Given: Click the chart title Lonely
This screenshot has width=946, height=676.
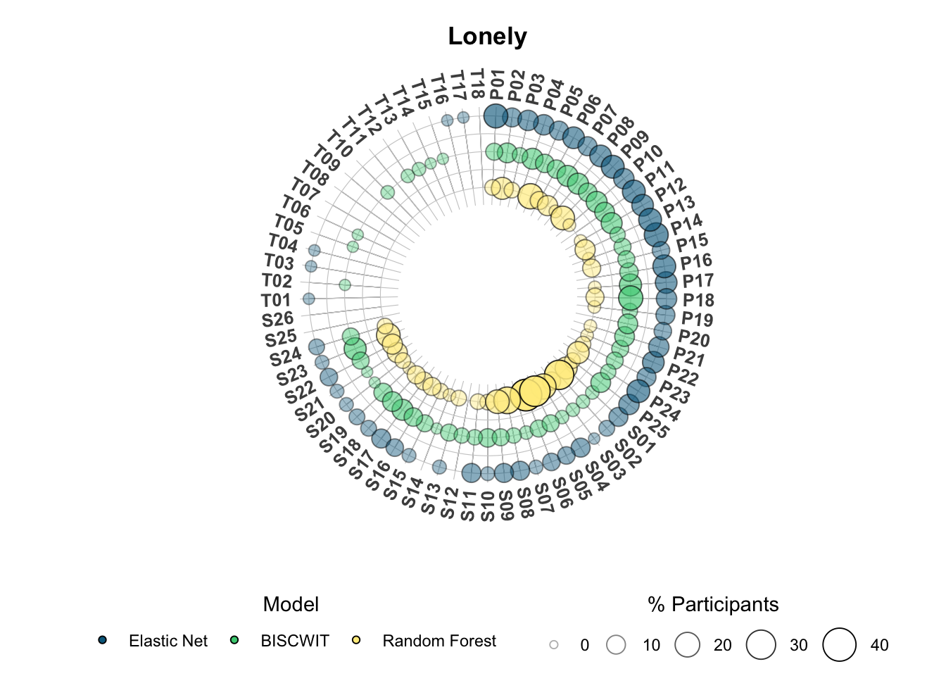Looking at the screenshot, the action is pos(487,37).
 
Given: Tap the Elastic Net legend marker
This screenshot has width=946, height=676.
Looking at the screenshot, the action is pos(102,640).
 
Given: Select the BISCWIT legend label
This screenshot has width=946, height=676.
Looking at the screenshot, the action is pos(295,641).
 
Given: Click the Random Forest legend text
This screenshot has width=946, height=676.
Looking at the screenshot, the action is pos(439,641).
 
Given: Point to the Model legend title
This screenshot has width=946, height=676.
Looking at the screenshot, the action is pos(291,604).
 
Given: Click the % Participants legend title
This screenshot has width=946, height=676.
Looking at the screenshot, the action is pos(713,604).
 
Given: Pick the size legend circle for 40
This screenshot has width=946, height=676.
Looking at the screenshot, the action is pos(839,645).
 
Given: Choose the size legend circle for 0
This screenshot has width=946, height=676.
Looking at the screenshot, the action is pos(554,645).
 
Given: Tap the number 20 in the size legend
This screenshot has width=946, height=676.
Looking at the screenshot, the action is pos(723,645).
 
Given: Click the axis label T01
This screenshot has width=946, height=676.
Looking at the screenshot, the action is pos(276,301).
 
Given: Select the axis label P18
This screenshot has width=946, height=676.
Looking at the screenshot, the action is pos(698,300).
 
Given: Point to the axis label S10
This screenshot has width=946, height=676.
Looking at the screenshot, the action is pos(488,506).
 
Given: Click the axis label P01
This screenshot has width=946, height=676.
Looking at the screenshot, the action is pos(497,84).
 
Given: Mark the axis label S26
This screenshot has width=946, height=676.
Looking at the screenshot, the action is pos(277,320).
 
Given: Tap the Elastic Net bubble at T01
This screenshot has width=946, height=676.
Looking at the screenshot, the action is pos(309,299).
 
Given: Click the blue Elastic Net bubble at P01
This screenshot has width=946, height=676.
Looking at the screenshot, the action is pos(496,115).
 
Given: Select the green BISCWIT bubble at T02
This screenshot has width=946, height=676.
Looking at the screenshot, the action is pos(345,285).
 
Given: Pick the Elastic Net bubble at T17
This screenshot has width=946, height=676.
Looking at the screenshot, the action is pos(463,118).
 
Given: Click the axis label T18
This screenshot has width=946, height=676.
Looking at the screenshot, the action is pos(477,84).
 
